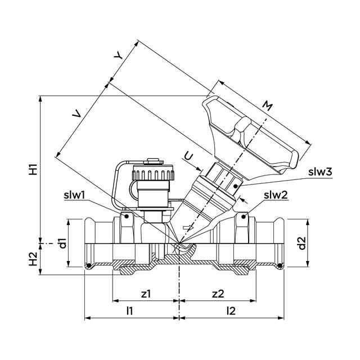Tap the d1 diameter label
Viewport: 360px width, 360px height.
[64, 243]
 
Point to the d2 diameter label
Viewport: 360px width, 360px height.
[302, 244]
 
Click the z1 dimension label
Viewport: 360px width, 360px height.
[146, 293]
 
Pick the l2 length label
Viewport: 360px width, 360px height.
[231, 310]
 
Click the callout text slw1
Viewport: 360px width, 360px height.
[74, 195]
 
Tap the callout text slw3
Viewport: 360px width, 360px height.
[319, 172]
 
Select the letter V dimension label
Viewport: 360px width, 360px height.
[77, 114]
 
